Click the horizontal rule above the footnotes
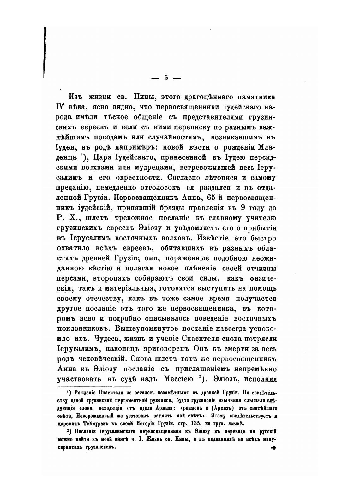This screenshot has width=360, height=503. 94,386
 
